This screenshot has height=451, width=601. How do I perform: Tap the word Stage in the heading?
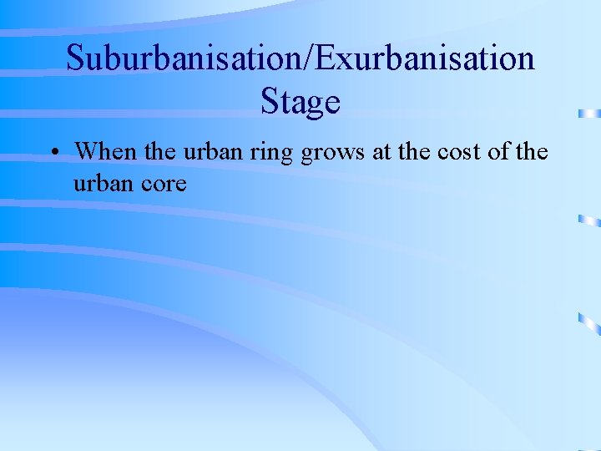pyautogui.click(x=300, y=102)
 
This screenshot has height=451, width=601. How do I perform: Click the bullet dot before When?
pyautogui.click(x=53, y=153)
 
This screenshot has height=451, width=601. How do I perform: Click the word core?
pyautogui.click(x=163, y=183)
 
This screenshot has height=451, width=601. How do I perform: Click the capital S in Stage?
pyautogui.click(x=270, y=102)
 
